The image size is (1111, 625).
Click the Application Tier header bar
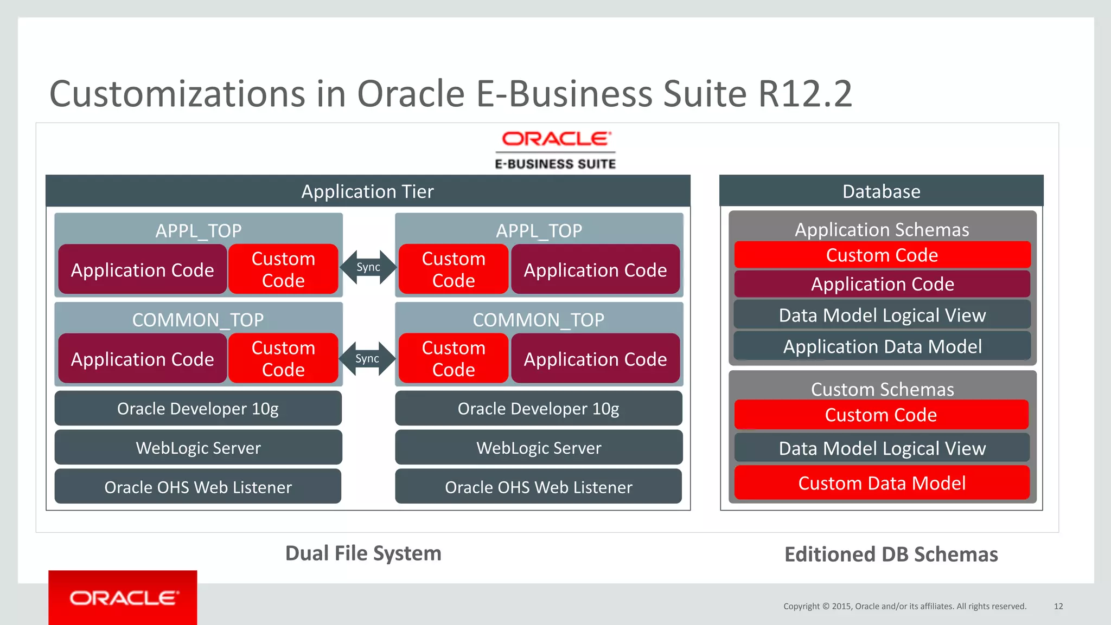(368, 191)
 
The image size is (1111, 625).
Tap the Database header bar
(881, 191)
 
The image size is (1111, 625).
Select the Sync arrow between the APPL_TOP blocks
(368, 267)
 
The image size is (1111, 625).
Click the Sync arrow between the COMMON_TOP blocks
(367, 359)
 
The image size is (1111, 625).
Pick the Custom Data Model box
(882, 483)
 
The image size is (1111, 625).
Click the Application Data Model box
(882, 346)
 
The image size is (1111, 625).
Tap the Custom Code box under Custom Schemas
(881, 415)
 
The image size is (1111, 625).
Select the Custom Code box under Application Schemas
(882, 255)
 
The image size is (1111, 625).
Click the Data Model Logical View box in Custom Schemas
(882, 448)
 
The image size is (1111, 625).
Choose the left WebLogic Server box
(198, 448)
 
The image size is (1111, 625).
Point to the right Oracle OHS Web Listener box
(538, 487)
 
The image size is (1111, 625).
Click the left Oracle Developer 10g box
(198, 409)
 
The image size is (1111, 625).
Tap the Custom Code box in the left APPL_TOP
(283, 269)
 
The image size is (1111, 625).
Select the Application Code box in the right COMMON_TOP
(595, 359)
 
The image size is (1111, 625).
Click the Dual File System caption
(363, 553)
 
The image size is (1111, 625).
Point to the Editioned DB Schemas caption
(891, 554)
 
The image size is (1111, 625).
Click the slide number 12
(1058, 606)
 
